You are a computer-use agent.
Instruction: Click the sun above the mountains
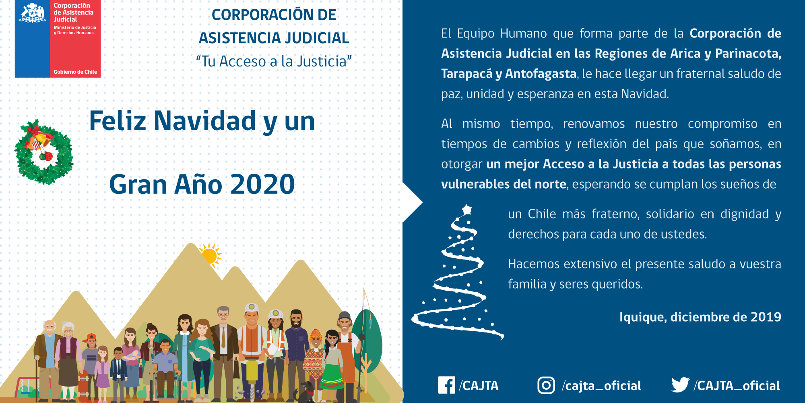[x=209, y=255]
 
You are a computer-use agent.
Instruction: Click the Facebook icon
[x=446, y=385]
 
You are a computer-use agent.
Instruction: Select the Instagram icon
[x=546, y=385]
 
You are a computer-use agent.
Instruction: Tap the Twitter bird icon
[x=680, y=385]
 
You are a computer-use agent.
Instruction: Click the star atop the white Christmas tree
[x=467, y=210]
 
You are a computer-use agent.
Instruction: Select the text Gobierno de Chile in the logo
[x=75, y=72]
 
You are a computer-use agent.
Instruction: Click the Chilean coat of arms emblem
[x=32, y=13]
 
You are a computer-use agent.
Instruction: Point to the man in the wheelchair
[x=165, y=363]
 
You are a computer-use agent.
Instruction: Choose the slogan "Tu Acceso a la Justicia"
[x=274, y=61]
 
